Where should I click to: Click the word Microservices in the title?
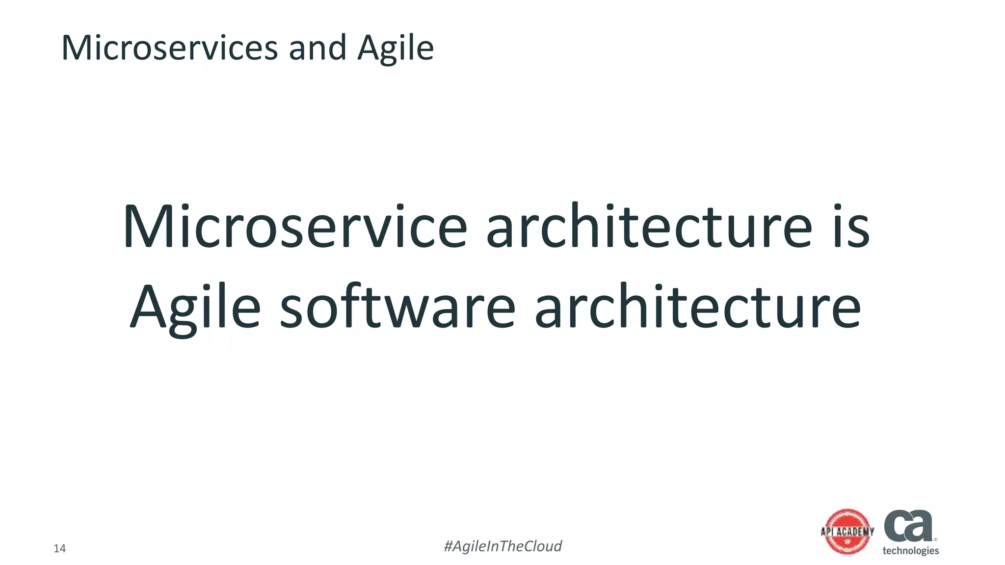[169, 48]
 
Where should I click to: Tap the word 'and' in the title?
[317, 48]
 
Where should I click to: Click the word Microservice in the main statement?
[295, 227]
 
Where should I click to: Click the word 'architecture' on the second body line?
[697, 308]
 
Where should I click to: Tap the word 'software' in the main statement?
[397, 308]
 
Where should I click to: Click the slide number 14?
[59, 548]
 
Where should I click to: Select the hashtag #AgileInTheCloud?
[502, 546]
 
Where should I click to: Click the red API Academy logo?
[847, 532]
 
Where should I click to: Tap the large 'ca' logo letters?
[908, 525]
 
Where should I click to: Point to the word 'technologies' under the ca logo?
[910, 551]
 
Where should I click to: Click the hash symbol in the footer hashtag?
[448, 546]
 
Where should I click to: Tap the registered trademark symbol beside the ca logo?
[935, 539]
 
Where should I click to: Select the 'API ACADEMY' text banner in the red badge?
[847, 532]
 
